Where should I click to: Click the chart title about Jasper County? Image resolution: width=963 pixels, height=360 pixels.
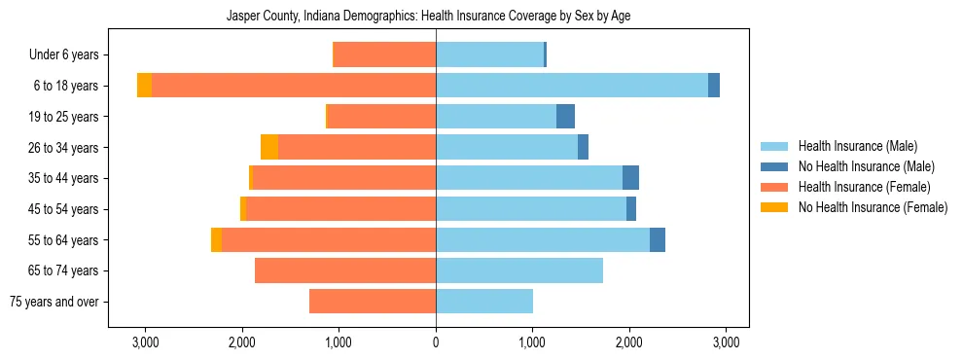[436, 17]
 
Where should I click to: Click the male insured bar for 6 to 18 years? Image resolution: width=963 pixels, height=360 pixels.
[572, 86]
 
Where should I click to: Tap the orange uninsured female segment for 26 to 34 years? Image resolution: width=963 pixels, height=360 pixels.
[269, 147]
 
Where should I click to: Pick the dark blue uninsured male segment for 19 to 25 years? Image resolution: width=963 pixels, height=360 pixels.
[565, 117]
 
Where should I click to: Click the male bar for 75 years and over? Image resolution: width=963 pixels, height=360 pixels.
[484, 302]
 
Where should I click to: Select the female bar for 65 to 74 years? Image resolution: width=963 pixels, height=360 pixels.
[345, 270]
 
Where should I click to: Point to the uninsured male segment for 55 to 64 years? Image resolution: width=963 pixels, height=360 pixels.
[658, 239]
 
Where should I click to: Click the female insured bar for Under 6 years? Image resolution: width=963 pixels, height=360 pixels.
[385, 54]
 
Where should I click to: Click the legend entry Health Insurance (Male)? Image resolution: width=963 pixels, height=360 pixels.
[856, 146]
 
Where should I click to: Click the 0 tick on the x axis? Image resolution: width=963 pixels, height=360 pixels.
[436, 342]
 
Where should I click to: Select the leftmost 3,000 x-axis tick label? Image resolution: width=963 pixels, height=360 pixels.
[145, 342]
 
